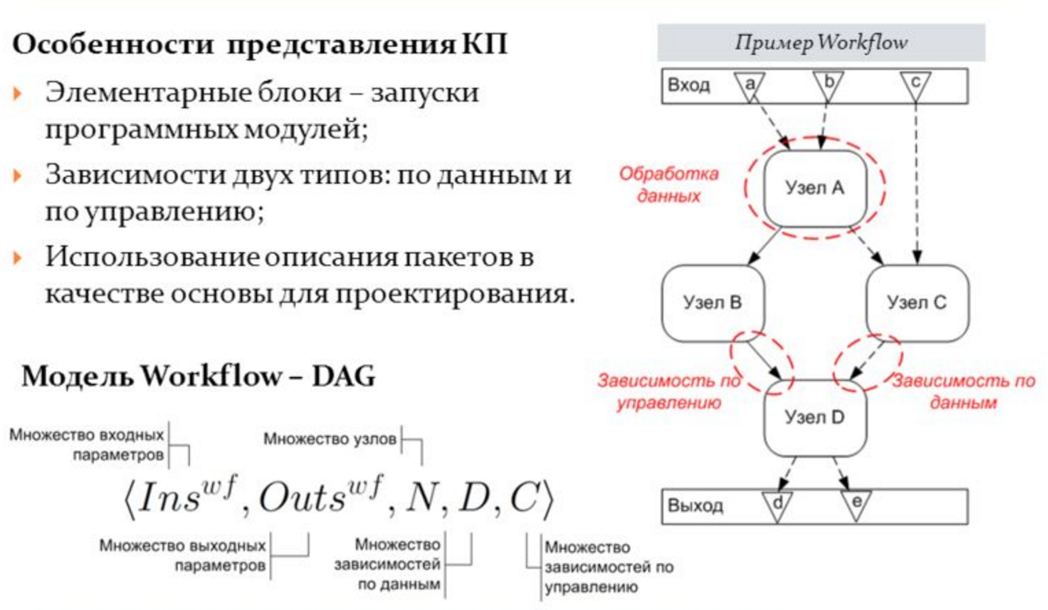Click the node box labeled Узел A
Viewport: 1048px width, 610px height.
pos(814,188)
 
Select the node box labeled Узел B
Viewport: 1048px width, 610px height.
pos(713,302)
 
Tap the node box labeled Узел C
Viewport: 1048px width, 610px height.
pos(917,302)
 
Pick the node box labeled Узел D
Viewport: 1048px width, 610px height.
pos(814,417)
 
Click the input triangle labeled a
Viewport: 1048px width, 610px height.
pos(749,85)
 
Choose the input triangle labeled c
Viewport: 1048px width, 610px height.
pos(915,85)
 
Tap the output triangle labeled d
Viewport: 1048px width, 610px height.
pos(776,505)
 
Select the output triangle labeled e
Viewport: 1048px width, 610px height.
pos(856,505)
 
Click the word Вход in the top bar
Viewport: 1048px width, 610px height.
pos(688,85)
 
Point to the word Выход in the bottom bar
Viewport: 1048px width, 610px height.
pos(695,506)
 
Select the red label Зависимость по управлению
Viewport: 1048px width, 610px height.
pos(669,392)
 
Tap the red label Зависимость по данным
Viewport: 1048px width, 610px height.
pos(963,392)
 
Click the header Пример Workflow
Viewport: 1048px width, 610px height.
pos(821,42)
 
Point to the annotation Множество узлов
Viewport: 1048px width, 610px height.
pos(330,438)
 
